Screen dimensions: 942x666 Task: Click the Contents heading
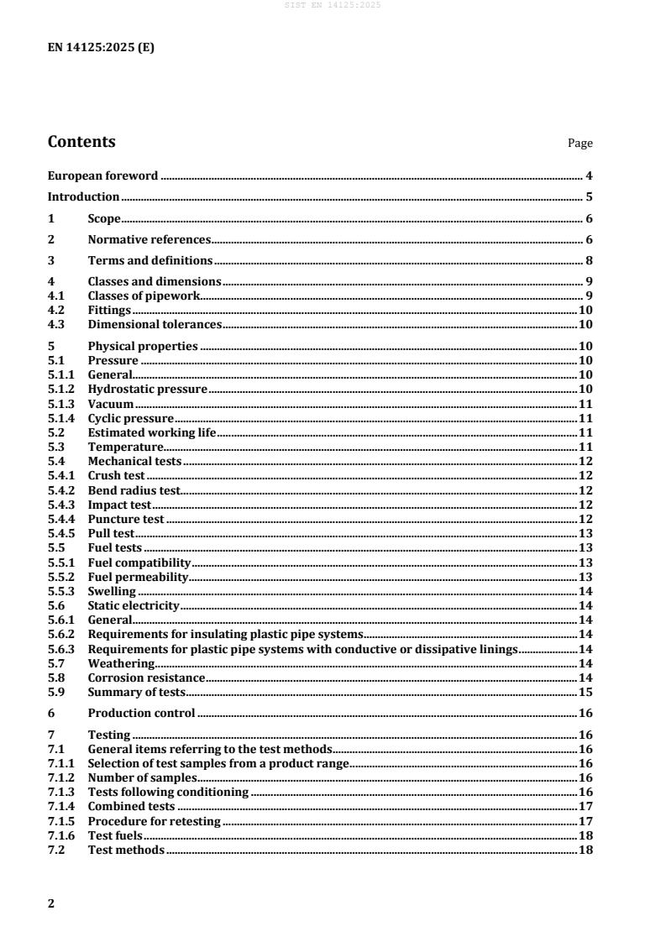point(81,142)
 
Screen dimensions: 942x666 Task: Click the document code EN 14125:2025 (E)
point(101,48)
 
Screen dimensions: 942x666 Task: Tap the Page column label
point(580,144)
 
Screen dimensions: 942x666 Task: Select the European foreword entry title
point(102,176)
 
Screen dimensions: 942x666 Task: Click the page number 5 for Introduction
point(590,197)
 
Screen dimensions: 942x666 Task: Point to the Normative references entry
point(149,240)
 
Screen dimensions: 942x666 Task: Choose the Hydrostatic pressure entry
point(147,390)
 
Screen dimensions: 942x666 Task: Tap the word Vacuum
point(111,404)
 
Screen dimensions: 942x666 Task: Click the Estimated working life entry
point(152,432)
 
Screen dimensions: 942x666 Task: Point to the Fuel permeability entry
point(138,577)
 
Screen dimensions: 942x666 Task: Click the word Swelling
point(112,591)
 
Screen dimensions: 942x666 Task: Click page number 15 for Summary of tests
point(586,692)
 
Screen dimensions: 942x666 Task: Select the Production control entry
point(141,713)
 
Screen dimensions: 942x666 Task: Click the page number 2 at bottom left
point(51,903)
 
